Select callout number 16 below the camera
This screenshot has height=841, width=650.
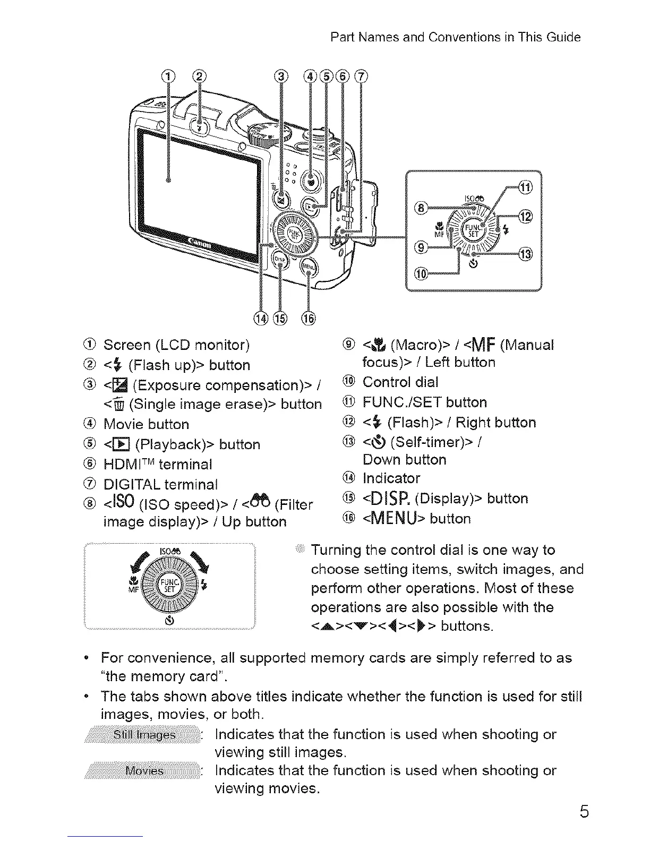[x=308, y=318]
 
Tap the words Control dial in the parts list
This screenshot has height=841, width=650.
[x=400, y=382]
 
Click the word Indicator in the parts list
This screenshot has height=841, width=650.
[x=391, y=478]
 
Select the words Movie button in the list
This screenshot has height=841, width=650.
[x=146, y=424]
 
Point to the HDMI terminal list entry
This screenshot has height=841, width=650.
[x=158, y=465]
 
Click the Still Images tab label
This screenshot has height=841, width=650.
[x=143, y=735]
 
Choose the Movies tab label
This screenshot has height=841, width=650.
[x=144, y=771]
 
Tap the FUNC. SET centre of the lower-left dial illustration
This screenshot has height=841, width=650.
[x=170, y=587]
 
